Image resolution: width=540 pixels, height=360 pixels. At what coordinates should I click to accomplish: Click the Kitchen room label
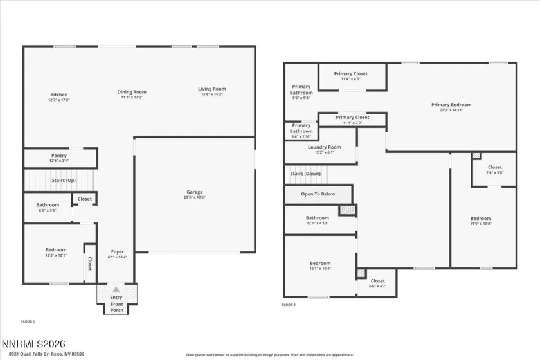[59, 95]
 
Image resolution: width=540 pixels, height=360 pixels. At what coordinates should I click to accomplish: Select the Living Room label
[212, 89]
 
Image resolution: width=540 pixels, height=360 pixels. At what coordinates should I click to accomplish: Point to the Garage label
[195, 192]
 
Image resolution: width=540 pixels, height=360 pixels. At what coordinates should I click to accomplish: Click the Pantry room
[59, 157]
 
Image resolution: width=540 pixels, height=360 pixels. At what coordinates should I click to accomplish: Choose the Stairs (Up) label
[64, 181]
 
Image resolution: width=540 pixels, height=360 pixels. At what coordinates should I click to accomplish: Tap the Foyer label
[117, 251]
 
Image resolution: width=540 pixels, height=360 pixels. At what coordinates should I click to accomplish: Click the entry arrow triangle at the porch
[116, 290]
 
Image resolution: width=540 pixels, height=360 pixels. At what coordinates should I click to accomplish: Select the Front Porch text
[116, 307]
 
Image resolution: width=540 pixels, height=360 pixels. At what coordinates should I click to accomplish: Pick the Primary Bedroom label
[451, 105]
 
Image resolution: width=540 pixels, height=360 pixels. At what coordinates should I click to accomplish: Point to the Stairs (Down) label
[305, 174]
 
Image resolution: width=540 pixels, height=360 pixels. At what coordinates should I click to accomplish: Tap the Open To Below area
[318, 194]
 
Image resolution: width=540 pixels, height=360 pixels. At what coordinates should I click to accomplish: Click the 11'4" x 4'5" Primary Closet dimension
[351, 79]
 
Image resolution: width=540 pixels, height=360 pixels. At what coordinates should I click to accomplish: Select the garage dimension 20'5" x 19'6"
[195, 197]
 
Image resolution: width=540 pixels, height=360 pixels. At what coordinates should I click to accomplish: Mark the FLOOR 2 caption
[289, 305]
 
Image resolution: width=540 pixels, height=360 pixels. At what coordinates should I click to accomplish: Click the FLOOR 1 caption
[28, 321]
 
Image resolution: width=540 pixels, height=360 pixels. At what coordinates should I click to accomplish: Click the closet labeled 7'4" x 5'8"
[494, 170]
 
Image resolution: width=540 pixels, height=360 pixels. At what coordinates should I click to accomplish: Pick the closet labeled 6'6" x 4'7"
[377, 283]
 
